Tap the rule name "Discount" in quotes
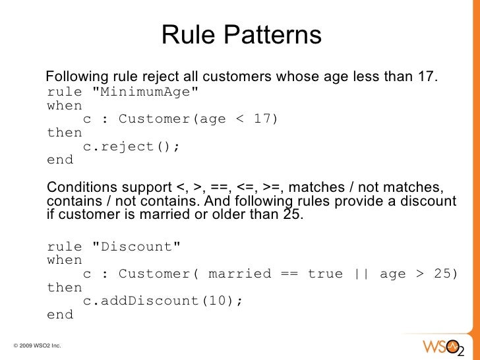[x=136, y=247]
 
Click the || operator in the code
[x=362, y=274]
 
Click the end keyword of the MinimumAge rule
[x=61, y=160]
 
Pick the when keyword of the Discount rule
[x=65, y=260]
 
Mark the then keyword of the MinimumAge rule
[x=65, y=133]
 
